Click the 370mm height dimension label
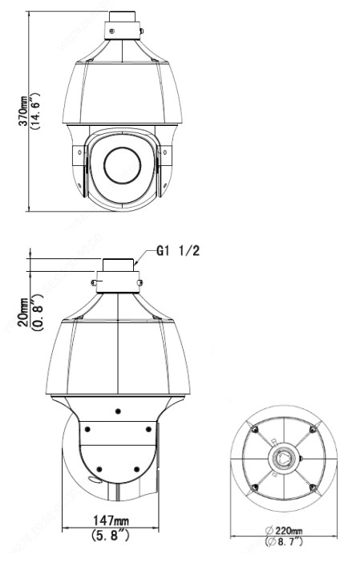click(23, 111)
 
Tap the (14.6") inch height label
click(35, 111)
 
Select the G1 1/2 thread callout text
click(178, 250)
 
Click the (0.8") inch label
click(38, 312)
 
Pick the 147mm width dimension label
click(111, 520)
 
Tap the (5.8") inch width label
click(111, 535)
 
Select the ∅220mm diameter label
click(283, 530)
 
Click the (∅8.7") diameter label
click(284, 541)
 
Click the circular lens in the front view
click(123, 165)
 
